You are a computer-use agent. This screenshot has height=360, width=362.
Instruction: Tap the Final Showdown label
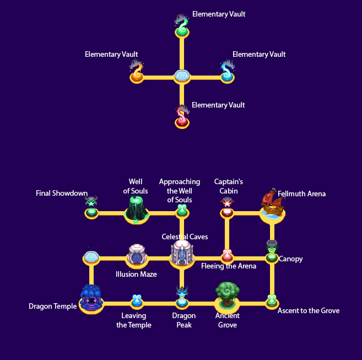tap(62, 194)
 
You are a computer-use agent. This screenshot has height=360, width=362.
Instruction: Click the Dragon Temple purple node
tap(91, 299)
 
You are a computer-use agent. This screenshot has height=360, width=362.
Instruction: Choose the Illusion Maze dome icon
tap(137, 255)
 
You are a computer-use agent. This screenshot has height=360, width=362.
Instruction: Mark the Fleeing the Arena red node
tap(227, 256)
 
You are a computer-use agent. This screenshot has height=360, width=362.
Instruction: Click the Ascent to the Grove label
tap(308, 311)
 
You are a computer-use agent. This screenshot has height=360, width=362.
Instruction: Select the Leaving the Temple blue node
tap(137, 301)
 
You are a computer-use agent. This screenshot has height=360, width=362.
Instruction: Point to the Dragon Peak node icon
tap(182, 298)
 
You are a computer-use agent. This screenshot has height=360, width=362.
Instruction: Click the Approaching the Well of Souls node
tap(182, 211)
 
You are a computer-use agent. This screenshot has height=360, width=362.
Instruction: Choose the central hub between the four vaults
tap(182, 76)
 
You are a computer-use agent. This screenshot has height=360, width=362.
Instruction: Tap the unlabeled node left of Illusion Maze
tap(91, 257)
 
